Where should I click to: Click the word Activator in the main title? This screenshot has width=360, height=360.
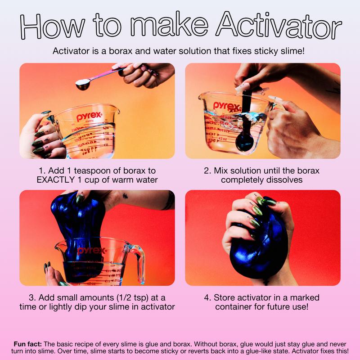tap(279, 26)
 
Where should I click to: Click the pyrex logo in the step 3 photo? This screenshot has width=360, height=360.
tap(92, 251)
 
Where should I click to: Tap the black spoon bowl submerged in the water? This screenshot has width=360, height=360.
tap(245, 143)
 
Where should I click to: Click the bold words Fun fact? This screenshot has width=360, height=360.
tap(28, 344)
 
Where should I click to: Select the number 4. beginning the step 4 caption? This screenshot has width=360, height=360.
tap(207, 298)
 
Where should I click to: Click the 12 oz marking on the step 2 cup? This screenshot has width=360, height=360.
tap(223, 139)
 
